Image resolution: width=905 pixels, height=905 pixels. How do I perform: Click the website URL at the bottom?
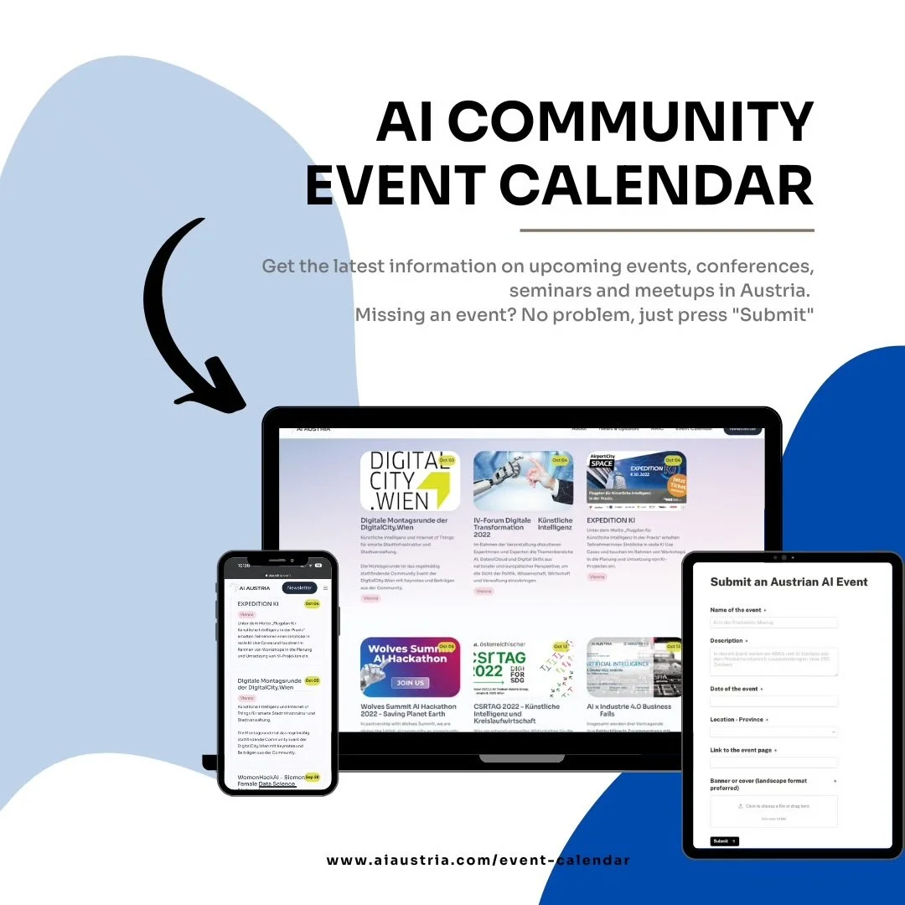pyautogui.click(x=478, y=861)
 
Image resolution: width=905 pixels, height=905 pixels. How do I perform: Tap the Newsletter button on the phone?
pyautogui.click(x=299, y=588)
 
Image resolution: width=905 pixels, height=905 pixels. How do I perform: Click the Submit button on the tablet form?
pyautogui.click(x=724, y=840)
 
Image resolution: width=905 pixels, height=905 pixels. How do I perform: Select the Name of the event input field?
pyautogui.click(x=773, y=623)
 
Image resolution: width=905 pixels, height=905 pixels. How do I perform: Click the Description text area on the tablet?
pyautogui.click(x=773, y=662)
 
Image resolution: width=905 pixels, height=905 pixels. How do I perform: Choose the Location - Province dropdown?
pyautogui.click(x=773, y=732)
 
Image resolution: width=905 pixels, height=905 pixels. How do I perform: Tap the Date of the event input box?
pyautogui.click(x=773, y=701)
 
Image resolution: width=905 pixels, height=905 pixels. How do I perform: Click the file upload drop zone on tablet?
pyautogui.click(x=773, y=811)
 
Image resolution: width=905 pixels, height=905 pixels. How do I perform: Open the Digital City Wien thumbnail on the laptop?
pyautogui.click(x=410, y=481)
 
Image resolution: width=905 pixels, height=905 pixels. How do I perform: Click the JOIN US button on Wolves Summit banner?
pyautogui.click(x=410, y=682)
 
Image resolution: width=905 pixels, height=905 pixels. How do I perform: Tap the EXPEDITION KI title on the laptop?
pyautogui.click(x=611, y=520)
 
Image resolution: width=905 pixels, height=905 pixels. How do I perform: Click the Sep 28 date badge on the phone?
pyautogui.click(x=312, y=777)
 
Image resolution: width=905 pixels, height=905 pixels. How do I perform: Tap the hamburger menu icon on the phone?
pyautogui.click(x=326, y=588)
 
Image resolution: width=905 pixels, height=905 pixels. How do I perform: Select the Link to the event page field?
pyautogui.click(x=773, y=763)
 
